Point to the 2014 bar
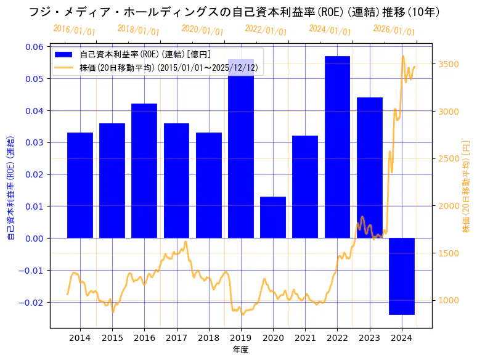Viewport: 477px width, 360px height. coord(80,185)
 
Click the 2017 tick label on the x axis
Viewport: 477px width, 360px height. coord(176,338)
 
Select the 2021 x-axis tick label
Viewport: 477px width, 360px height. coord(305,338)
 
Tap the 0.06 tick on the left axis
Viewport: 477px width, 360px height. coord(34,47)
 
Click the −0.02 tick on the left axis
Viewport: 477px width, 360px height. coord(31,302)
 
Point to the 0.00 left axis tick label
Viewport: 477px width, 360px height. coord(34,238)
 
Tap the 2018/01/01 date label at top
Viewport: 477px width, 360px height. coord(138,30)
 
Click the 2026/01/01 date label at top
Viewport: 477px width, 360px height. coord(394,30)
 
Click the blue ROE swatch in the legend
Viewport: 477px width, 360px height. coord(63,55)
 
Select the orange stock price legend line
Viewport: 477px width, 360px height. coord(63,67)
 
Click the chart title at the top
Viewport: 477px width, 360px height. coord(238,12)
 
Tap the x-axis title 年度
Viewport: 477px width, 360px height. coord(240,350)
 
